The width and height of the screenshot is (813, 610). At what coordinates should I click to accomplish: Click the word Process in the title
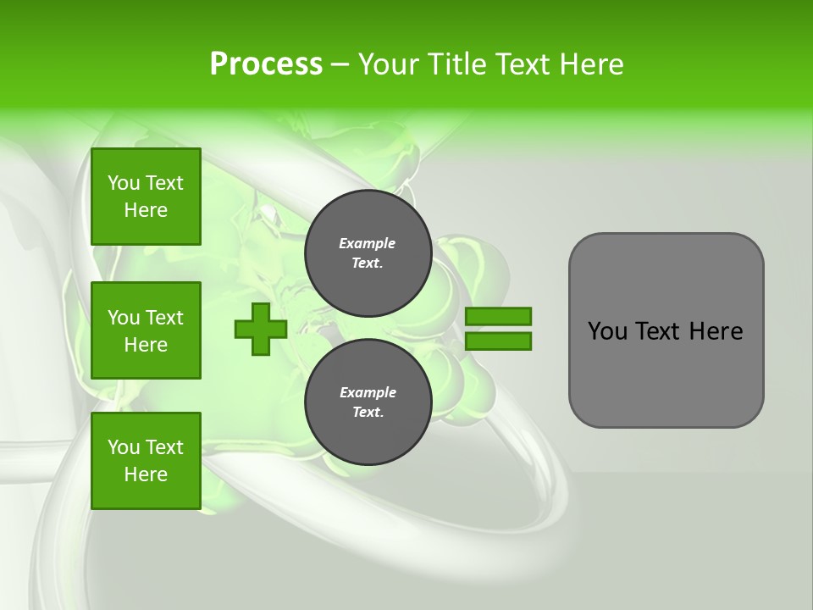(x=266, y=64)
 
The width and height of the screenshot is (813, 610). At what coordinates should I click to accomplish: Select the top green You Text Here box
(x=146, y=197)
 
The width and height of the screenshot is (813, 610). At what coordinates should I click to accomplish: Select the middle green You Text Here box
(x=146, y=330)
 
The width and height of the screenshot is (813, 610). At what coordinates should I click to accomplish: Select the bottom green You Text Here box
(x=146, y=461)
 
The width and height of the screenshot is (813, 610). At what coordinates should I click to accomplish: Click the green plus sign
(x=261, y=329)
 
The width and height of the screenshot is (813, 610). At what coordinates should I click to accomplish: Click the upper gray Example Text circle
(x=368, y=253)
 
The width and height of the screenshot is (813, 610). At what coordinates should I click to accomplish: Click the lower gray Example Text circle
(x=368, y=402)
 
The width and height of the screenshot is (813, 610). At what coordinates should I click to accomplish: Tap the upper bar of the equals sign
(x=498, y=316)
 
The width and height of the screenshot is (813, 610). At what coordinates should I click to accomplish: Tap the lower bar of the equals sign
(x=498, y=341)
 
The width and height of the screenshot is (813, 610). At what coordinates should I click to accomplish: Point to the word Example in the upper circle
(x=368, y=243)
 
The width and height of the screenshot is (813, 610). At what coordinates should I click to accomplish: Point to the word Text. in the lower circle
(x=368, y=412)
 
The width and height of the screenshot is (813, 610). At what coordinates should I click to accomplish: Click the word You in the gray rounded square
(x=607, y=331)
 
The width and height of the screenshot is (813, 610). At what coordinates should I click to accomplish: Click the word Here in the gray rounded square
(x=716, y=331)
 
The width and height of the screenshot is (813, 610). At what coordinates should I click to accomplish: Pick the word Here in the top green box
(x=146, y=210)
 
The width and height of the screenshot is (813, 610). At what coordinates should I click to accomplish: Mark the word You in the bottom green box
(x=124, y=447)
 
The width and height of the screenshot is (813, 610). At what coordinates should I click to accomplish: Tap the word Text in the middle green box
(x=164, y=318)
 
